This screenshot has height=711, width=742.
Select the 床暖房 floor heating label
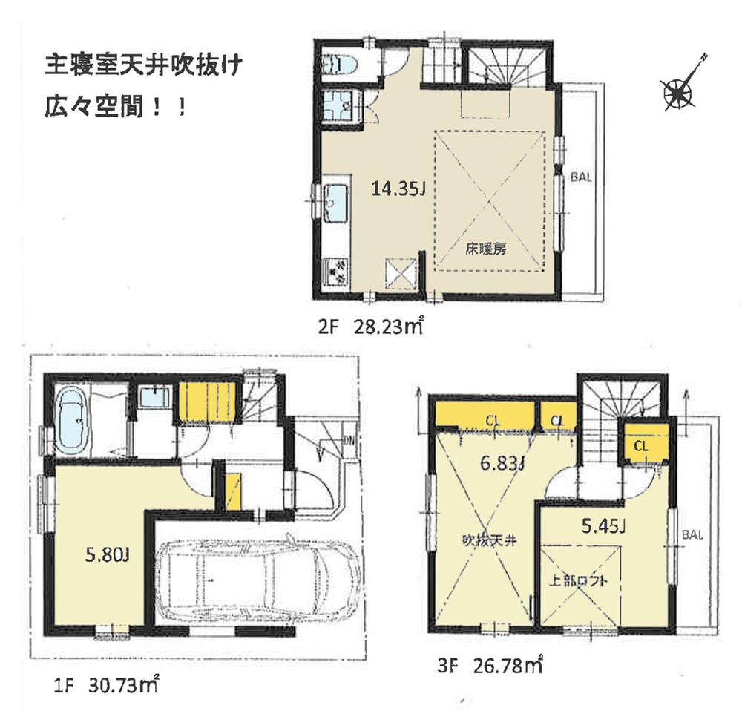click(x=486, y=249)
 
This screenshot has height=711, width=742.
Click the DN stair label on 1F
click(x=349, y=440)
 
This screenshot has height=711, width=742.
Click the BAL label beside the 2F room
click(x=581, y=177)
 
